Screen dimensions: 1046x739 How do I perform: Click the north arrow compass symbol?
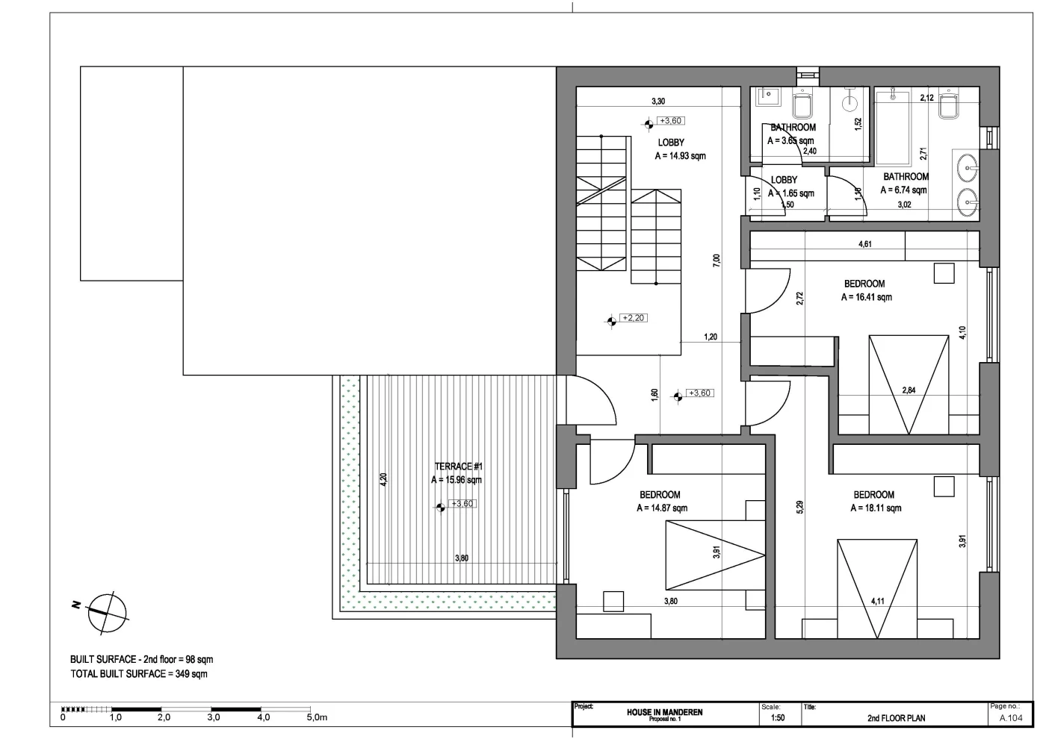point(107,613)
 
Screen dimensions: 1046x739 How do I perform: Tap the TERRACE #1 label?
point(459,466)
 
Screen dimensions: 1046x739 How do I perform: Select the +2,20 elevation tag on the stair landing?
point(634,318)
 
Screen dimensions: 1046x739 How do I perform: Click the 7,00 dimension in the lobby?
point(717,261)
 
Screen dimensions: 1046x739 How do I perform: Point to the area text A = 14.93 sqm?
point(680,156)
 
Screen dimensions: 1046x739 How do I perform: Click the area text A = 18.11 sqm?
point(876,508)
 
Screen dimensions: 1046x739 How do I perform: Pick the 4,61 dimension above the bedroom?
point(865,244)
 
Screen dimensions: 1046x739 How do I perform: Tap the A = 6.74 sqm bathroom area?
point(903,190)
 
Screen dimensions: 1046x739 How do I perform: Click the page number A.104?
point(1011,718)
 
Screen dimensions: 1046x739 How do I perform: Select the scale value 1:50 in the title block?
point(778,718)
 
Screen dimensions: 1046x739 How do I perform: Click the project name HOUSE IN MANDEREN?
point(664,712)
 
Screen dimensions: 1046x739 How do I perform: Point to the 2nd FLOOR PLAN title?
point(896,718)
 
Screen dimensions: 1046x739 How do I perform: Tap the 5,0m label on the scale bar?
point(317,717)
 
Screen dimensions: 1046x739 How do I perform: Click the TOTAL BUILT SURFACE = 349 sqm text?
point(139,673)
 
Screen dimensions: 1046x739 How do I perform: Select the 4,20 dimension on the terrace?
point(383,479)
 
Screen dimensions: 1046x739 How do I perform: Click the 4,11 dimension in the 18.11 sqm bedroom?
point(877,602)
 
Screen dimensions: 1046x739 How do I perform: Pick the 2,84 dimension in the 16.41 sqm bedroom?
point(909,390)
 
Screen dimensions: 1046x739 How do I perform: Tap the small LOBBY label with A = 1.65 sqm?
point(784,180)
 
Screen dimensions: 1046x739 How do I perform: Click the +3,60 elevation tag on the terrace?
point(462,504)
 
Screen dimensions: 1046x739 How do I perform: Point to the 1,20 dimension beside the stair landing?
point(711,337)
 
